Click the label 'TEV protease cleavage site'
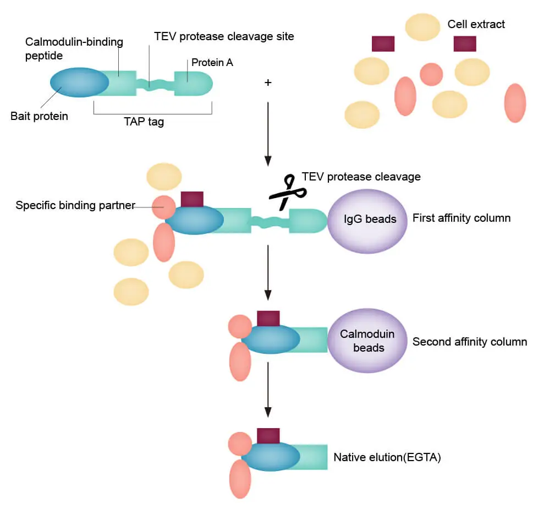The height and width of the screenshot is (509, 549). click(x=224, y=37)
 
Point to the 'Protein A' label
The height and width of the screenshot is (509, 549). click(x=212, y=63)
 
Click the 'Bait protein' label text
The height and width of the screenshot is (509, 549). click(x=39, y=116)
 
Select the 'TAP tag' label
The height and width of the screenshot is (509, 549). click(x=144, y=122)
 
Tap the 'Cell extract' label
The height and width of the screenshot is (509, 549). click(x=476, y=24)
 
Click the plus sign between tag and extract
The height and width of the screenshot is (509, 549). click(x=268, y=83)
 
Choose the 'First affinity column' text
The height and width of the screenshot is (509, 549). click(x=461, y=218)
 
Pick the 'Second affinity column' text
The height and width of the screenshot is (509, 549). click(x=469, y=342)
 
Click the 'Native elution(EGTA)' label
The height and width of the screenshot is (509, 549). click(x=387, y=457)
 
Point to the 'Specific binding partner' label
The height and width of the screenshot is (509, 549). click(x=75, y=205)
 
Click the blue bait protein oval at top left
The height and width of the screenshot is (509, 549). click(x=79, y=83)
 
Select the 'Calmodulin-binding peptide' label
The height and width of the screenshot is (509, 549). click(x=74, y=49)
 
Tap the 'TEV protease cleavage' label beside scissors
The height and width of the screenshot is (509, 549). click(x=361, y=177)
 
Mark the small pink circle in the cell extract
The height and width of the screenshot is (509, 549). click(x=431, y=74)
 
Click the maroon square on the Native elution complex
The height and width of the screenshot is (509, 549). click(x=268, y=436)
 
